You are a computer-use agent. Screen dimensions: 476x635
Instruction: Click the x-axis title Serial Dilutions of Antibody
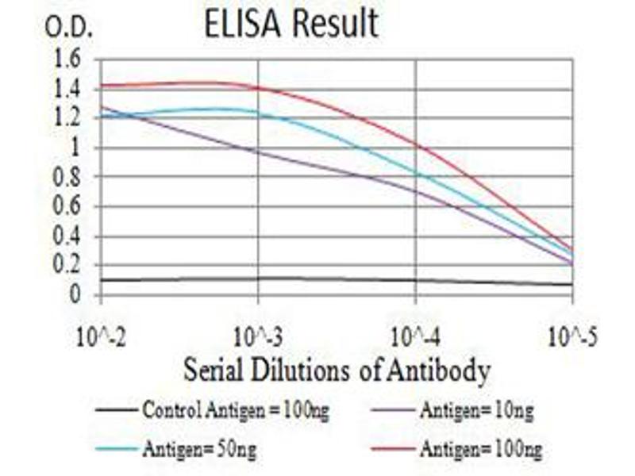click(x=337, y=370)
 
